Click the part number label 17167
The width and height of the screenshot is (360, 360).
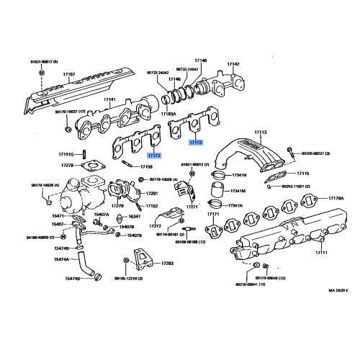(x=69, y=74)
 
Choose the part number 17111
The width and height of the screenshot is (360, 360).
(x=321, y=253)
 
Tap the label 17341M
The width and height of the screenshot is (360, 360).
(x=238, y=192)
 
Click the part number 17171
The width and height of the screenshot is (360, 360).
(x=214, y=215)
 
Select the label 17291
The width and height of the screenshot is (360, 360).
(x=152, y=193)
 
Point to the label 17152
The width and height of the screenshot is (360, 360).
(x=152, y=206)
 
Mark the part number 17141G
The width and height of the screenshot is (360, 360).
(x=66, y=154)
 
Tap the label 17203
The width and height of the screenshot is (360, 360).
(x=167, y=264)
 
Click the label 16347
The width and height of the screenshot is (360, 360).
(x=134, y=216)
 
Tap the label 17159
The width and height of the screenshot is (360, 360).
(x=146, y=167)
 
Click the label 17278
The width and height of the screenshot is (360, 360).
(x=67, y=166)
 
